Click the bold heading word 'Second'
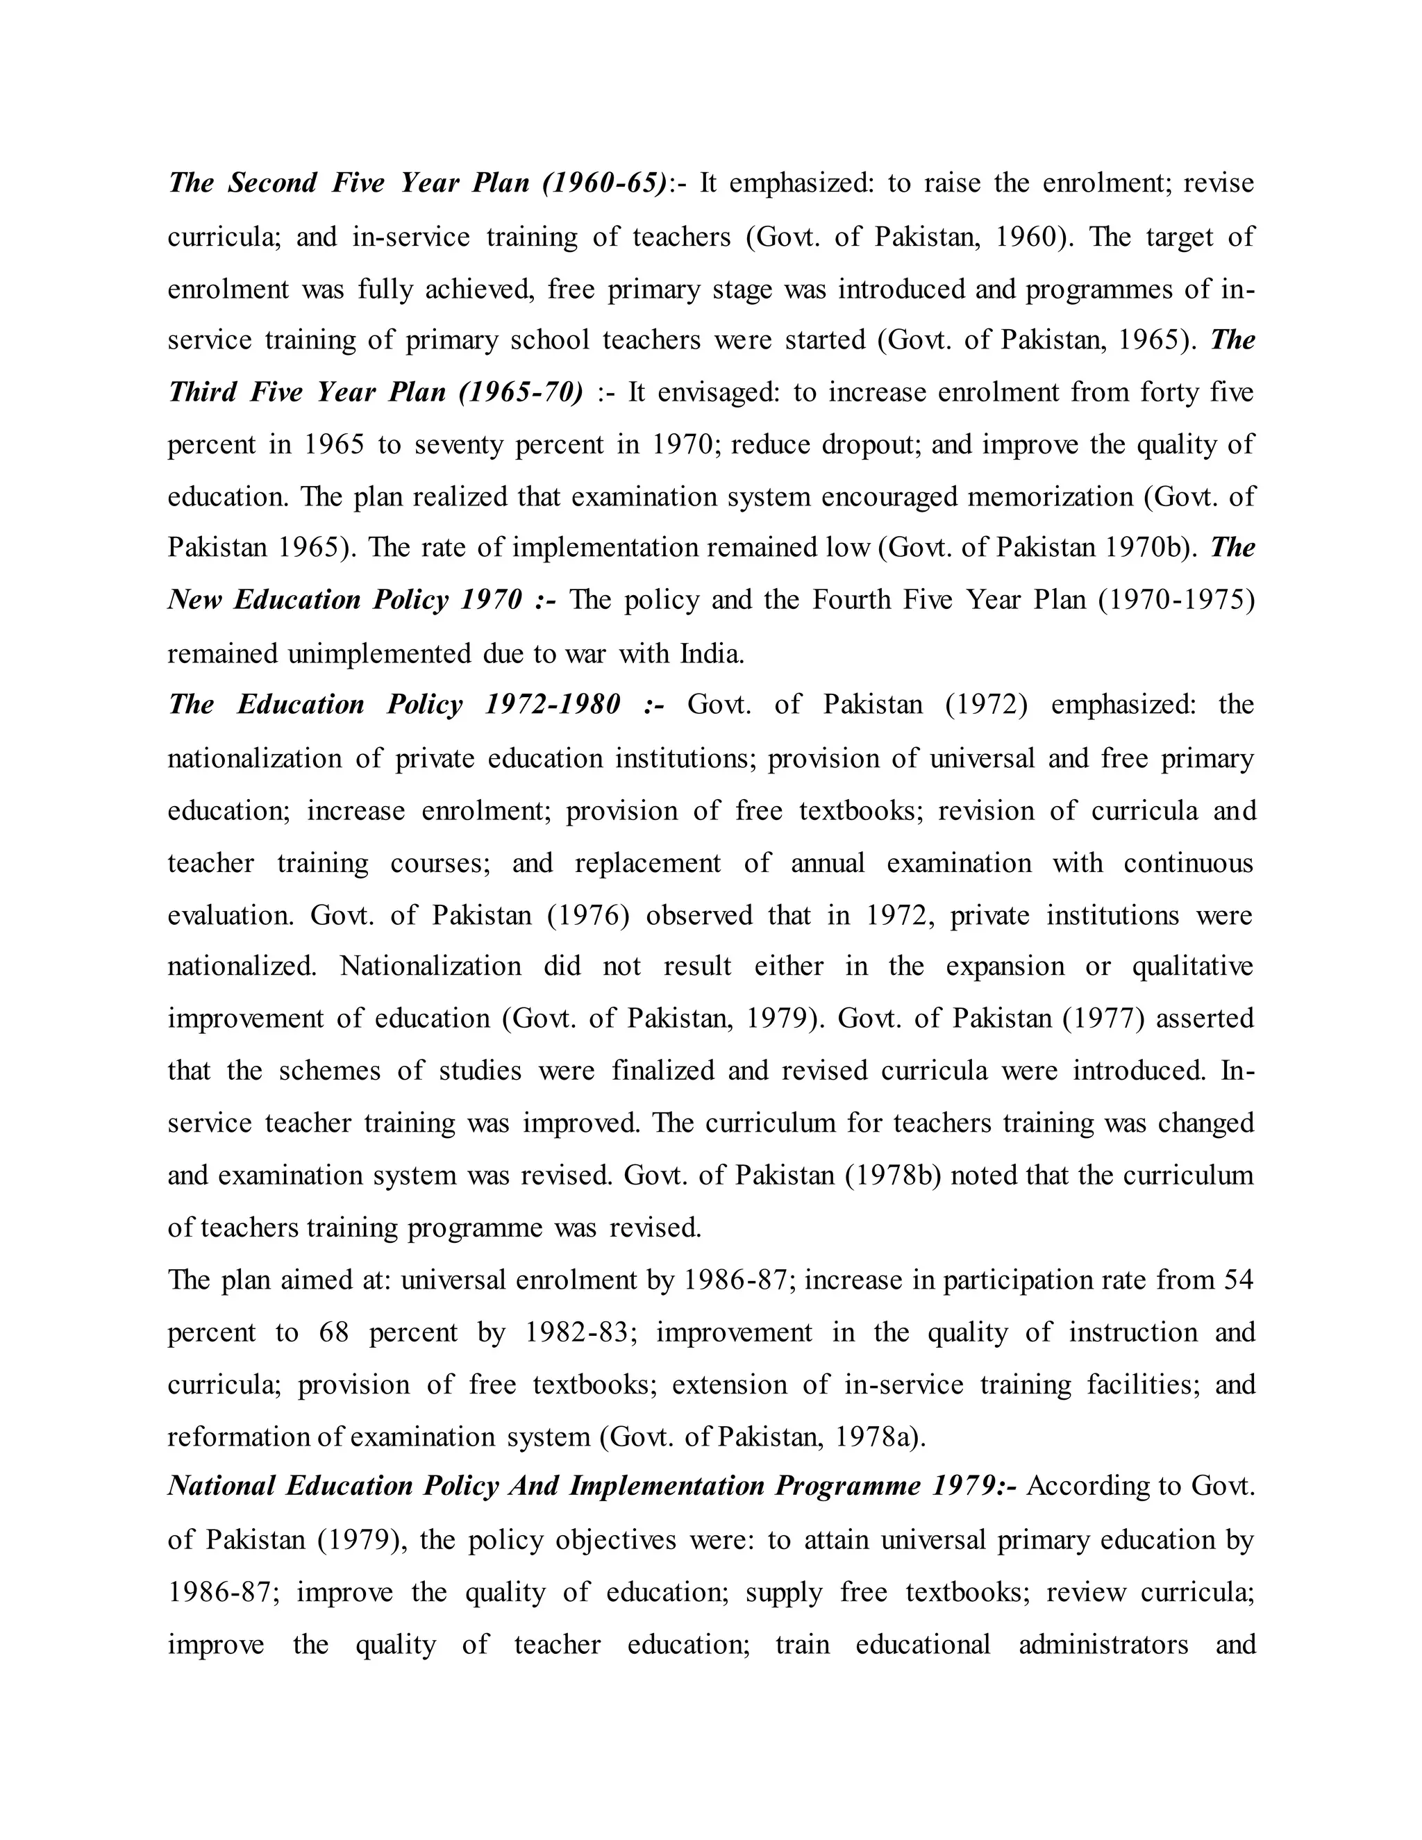tap(272, 183)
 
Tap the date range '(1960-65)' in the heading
tap(604, 183)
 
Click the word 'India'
tap(712, 653)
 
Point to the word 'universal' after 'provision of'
tap(982, 758)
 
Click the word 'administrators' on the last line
tap(1103, 1644)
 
